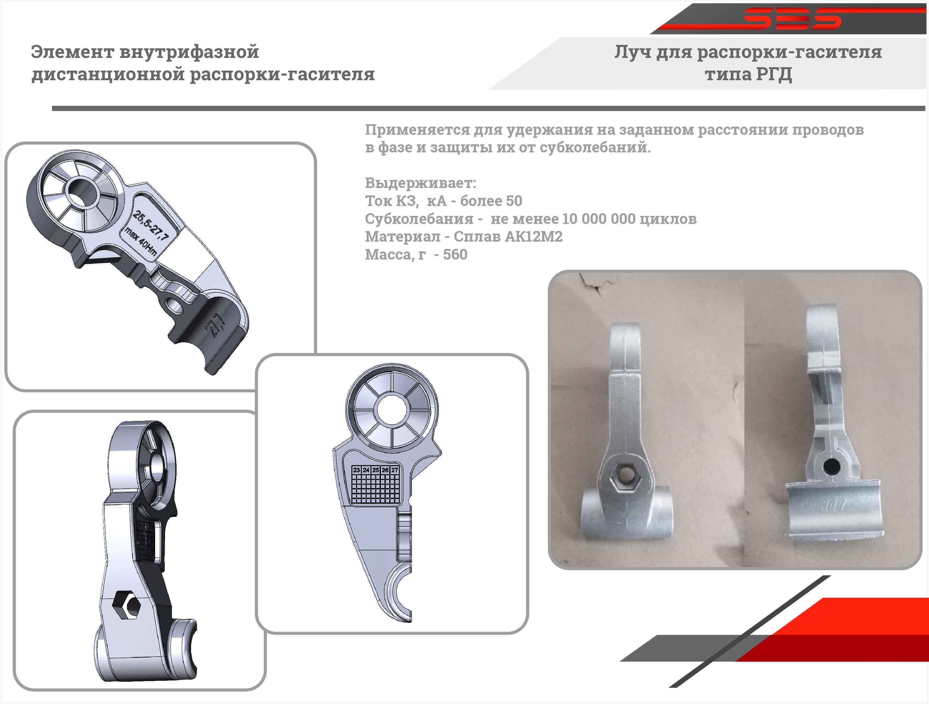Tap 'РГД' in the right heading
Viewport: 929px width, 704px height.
[x=774, y=74]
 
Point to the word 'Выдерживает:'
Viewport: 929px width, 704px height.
[x=421, y=183]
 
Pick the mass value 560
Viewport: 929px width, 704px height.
[x=455, y=255]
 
